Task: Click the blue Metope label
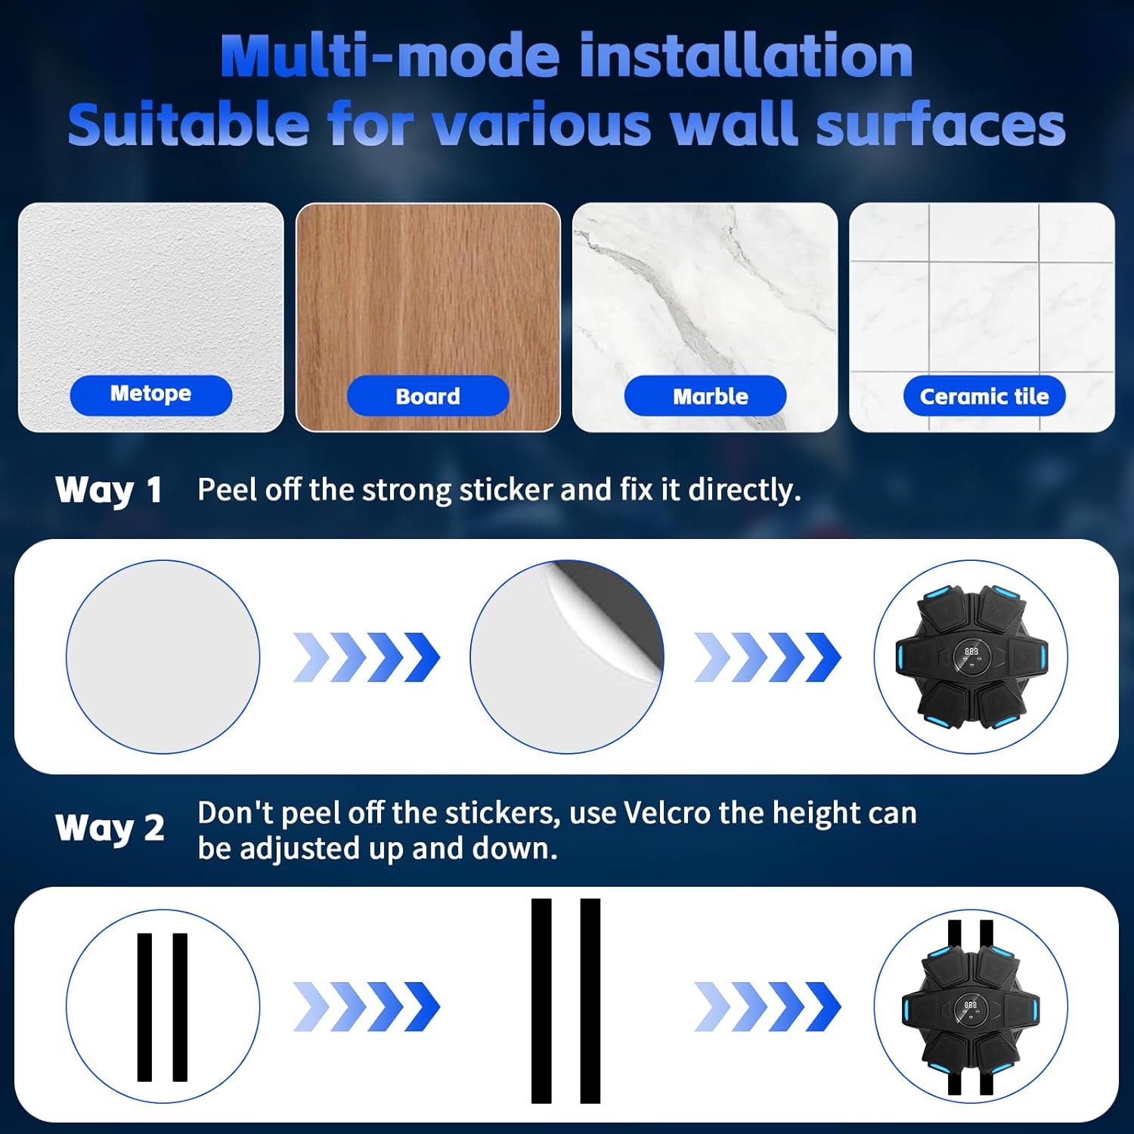pyautogui.click(x=151, y=395)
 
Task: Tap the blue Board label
pyautogui.click(x=428, y=395)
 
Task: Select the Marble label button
pyautogui.click(x=705, y=395)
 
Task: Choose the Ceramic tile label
pyautogui.click(x=984, y=395)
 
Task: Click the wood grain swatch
pyautogui.click(x=428, y=317)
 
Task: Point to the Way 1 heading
pyautogui.click(x=109, y=490)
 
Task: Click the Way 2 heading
pyautogui.click(x=110, y=828)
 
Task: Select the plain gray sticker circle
pyautogui.click(x=163, y=656)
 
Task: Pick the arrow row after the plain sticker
pyautogui.click(x=367, y=657)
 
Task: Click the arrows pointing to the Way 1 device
pyautogui.click(x=768, y=657)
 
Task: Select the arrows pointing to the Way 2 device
pyautogui.click(x=768, y=1007)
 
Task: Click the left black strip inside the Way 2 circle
pyautogui.click(x=144, y=1007)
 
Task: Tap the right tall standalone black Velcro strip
pyautogui.click(x=590, y=1001)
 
